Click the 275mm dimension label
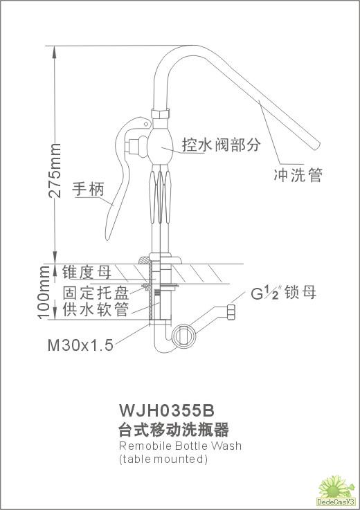[x=54, y=170]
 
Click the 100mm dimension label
[x=44, y=293]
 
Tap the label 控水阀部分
[x=222, y=145]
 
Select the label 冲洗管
[x=298, y=175]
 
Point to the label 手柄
[x=88, y=189]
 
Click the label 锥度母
[x=87, y=272]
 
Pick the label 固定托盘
[x=96, y=293]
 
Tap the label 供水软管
[x=96, y=309]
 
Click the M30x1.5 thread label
[x=80, y=345]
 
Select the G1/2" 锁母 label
[x=284, y=293]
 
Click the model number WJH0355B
[x=167, y=410]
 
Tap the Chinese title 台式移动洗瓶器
[x=174, y=429]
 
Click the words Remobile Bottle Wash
[x=180, y=445]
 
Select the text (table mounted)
[x=163, y=459]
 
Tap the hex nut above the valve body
[x=161, y=114]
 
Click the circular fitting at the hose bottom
[x=184, y=335]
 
